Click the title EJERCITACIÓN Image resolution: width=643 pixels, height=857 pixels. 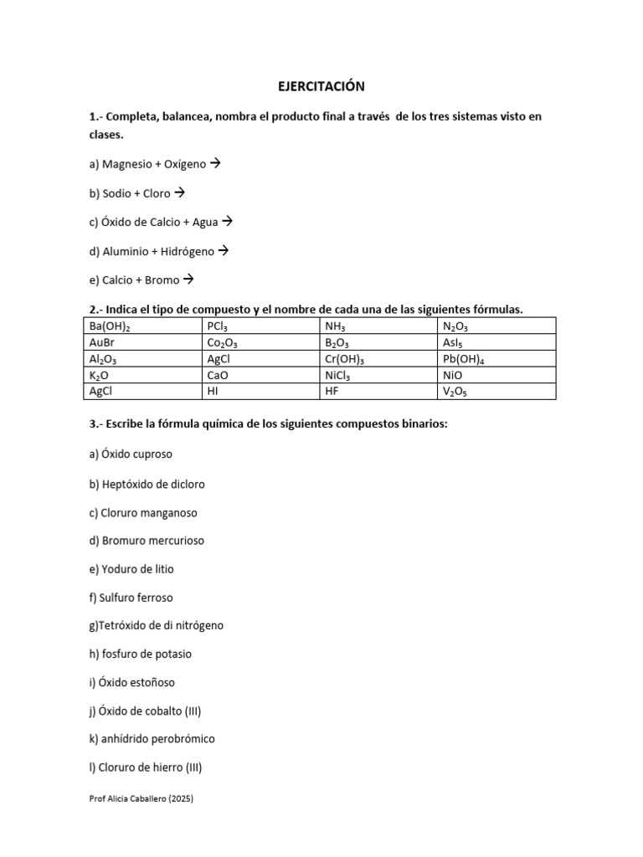tap(321, 86)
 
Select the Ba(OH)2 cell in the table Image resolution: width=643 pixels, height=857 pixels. tap(110, 327)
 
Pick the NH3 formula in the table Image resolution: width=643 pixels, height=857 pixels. tap(335, 327)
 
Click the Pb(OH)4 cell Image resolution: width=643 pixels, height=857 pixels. tap(461, 359)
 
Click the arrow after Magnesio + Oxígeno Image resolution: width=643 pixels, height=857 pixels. tap(214, 164)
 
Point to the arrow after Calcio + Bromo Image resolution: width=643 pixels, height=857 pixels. tap(188, 280)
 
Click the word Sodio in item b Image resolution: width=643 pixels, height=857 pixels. tap(116, 193)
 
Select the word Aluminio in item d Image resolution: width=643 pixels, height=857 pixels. tap(125, 251)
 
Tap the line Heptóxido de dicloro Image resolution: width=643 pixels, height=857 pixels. tap(152, 484)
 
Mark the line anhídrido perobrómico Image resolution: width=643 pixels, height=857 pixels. tap(157, 739)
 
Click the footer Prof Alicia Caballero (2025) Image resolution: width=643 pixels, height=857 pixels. tap(141, 799)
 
